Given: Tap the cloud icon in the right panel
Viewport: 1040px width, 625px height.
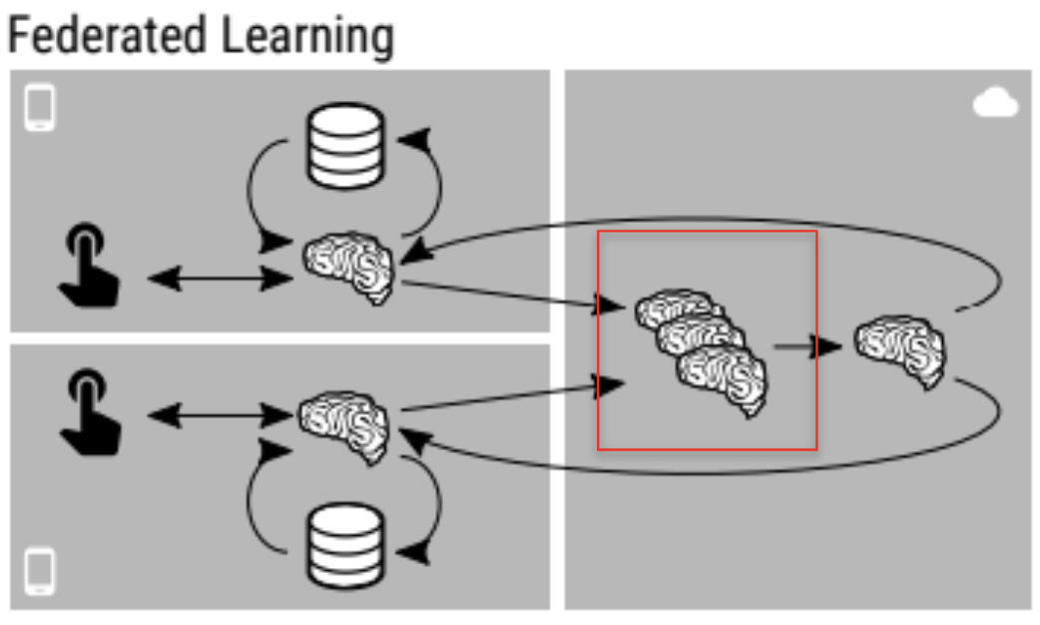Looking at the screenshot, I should tap(995, 104).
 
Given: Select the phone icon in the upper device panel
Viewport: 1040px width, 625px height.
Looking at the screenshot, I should tap(40, 109).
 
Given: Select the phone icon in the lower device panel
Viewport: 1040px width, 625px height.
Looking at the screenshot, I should tap(40, 571).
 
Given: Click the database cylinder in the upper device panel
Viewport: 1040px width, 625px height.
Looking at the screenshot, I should tap(345, 148).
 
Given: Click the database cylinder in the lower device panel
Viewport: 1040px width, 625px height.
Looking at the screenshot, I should tap(345, 544).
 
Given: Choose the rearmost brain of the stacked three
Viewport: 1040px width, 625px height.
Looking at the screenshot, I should tap(674, 310).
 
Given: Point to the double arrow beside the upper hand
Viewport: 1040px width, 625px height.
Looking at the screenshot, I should tap(221, 278).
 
